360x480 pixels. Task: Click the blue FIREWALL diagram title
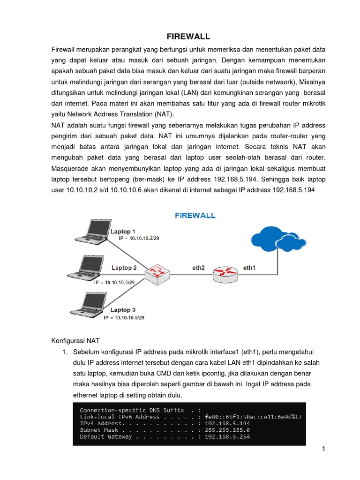point(195,216)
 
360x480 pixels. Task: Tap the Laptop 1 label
point(123,232)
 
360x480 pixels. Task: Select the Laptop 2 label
point(124,268)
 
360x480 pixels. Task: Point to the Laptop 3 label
point(123,310)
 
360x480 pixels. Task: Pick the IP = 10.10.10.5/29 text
point(124,318)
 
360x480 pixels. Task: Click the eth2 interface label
point(199,268)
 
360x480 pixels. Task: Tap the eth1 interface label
point(249,268)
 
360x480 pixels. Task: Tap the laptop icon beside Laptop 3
point(87,304)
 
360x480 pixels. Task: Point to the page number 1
point(323,449)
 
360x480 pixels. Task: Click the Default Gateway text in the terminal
point(106,437)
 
